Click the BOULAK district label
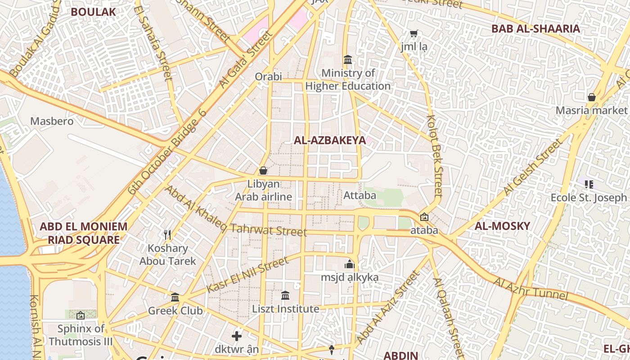pos(93,12)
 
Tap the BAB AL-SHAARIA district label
pos(535,29)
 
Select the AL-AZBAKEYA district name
pos(329,140)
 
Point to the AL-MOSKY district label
pos(502,226)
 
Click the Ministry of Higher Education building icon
pos(348,59)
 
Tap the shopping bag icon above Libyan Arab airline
pos(263,171)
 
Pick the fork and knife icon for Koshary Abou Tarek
pos(167,234)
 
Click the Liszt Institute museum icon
pos(285,296)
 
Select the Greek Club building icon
pos(175,297)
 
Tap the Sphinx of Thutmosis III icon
pos(81,315)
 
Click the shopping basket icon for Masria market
pos(591,97)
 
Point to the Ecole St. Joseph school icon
pos(589,184)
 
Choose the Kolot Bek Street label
pos(435,156)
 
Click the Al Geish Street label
pos(534,166)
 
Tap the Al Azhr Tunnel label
pos(531,289)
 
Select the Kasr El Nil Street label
pos(247,274)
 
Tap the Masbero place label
pos(52,121)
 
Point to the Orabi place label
pos(268,76)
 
